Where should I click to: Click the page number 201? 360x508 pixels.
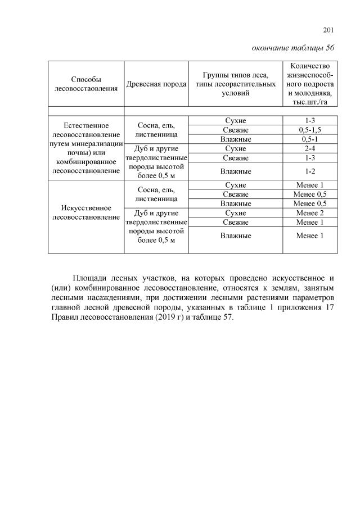coord(329,30)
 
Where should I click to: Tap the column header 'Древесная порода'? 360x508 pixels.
coord(156,84)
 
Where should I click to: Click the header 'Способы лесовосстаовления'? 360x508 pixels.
coord(86,84)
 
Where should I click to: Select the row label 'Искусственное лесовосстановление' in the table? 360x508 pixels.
coord(86,212)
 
